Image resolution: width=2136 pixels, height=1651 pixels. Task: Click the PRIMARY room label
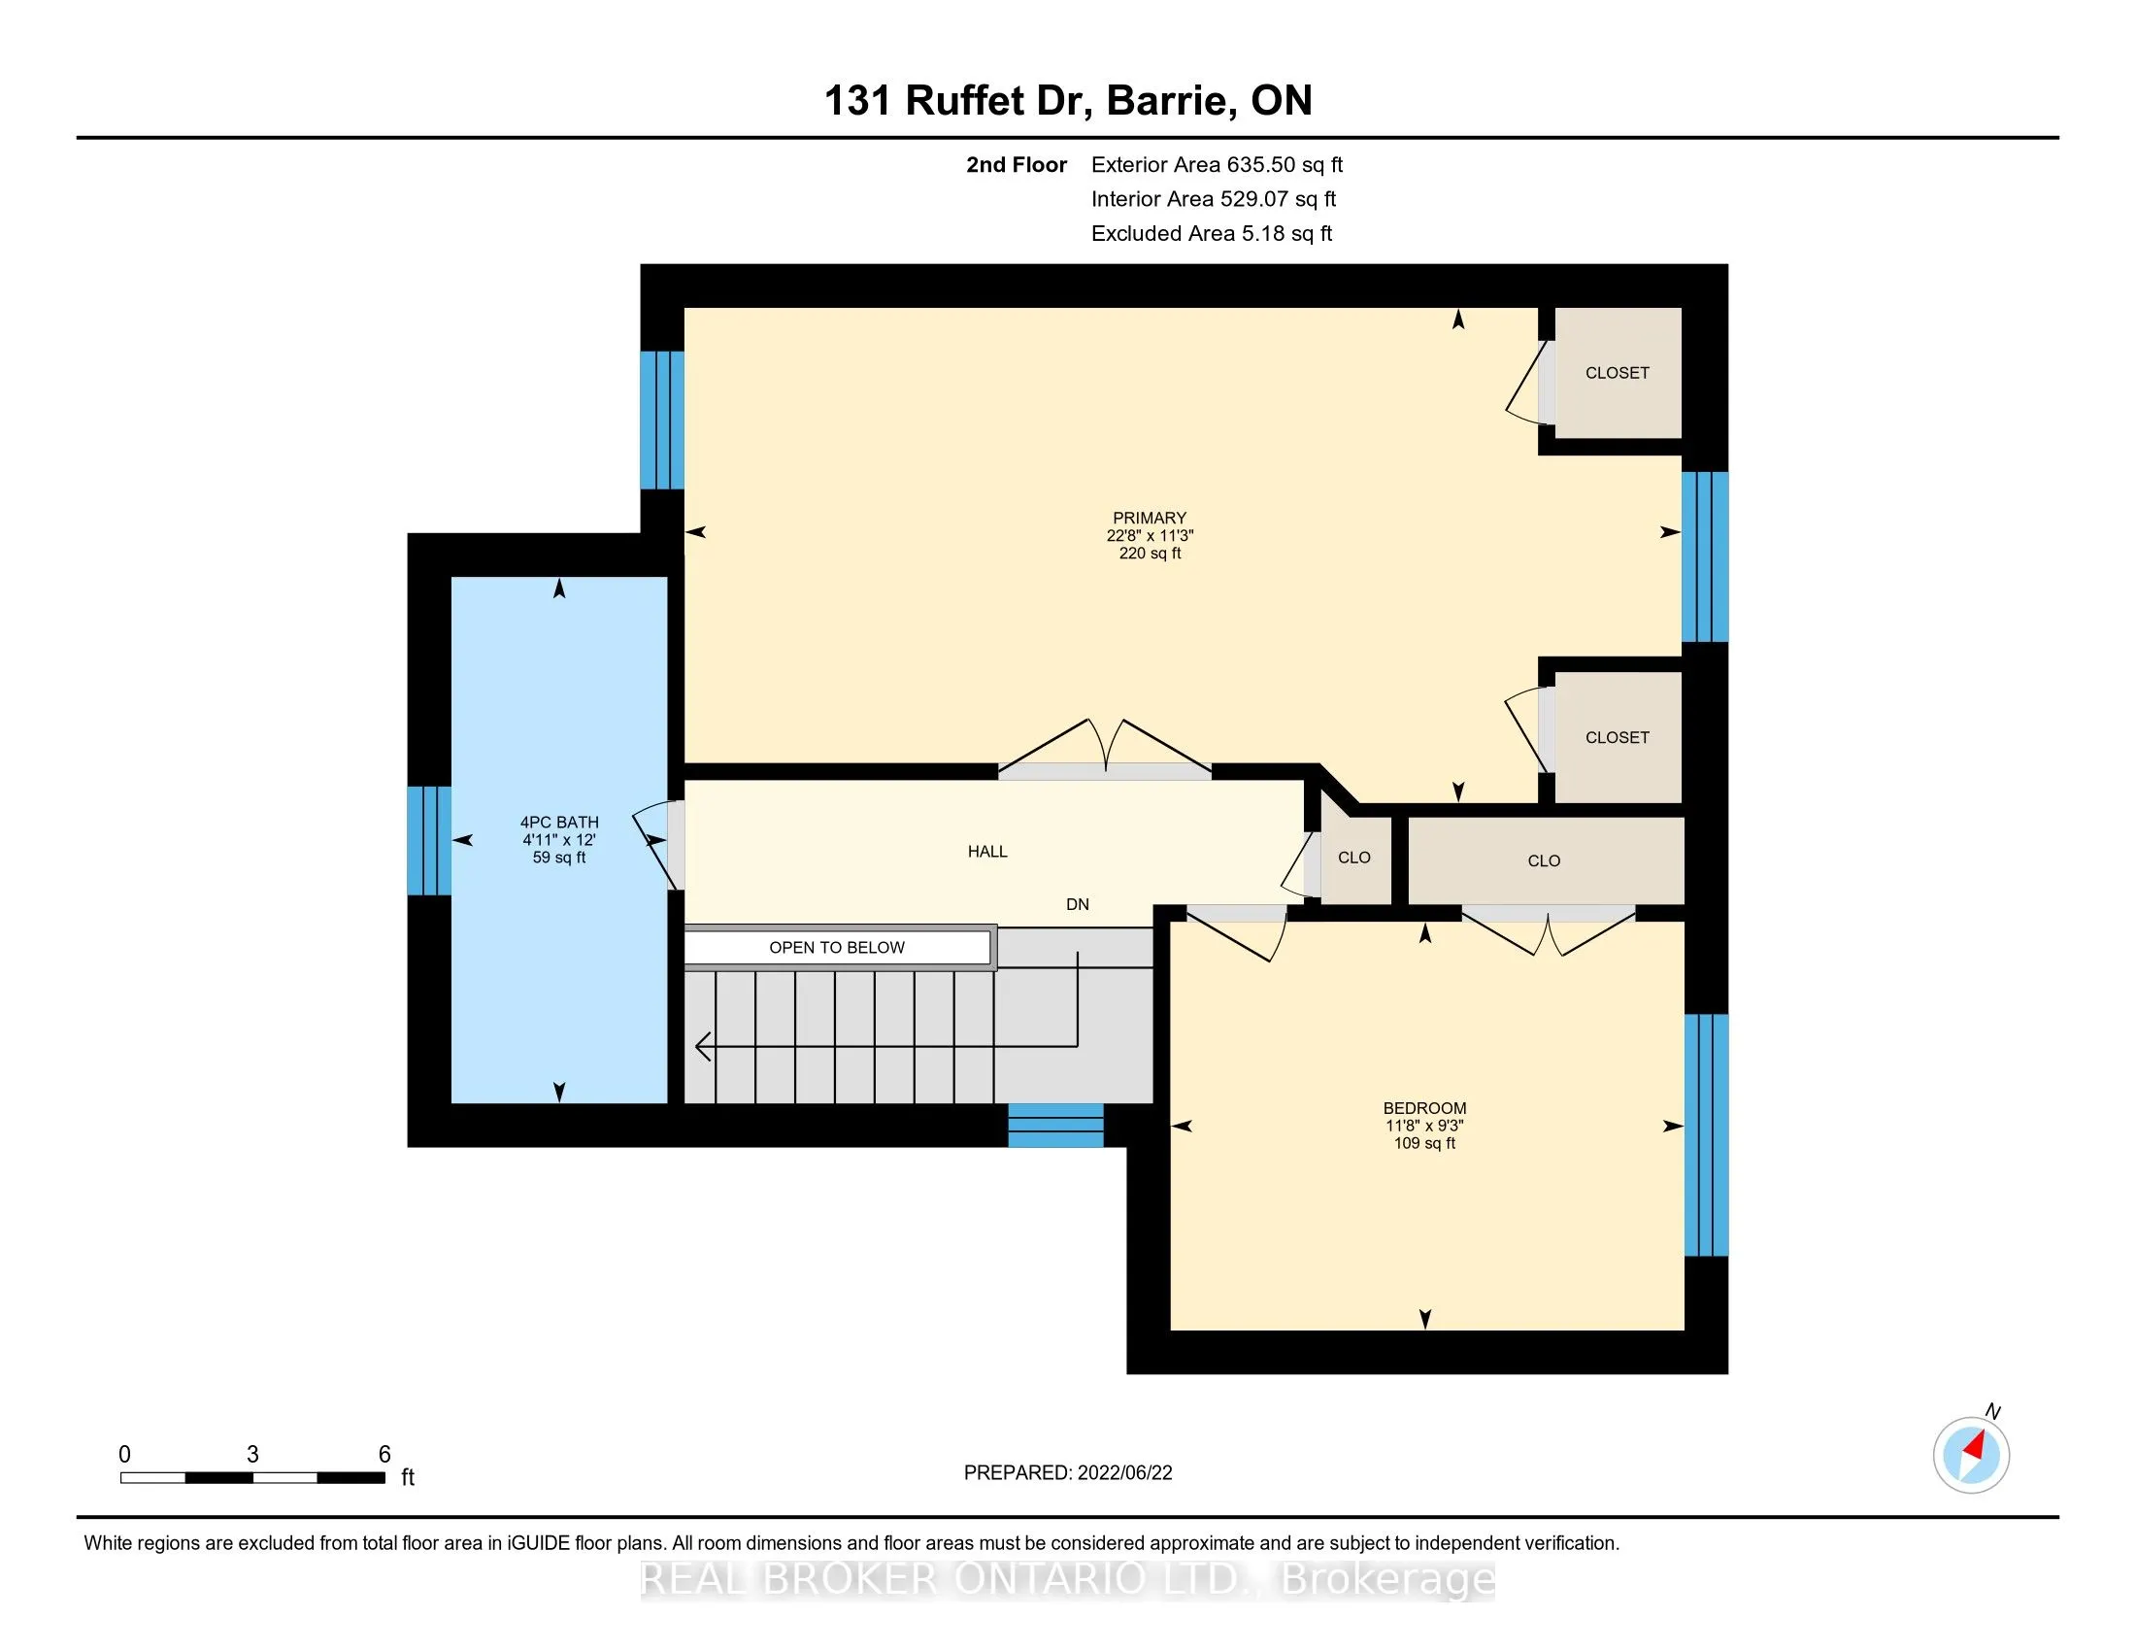1150,519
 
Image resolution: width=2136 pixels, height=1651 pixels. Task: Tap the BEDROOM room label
1424,1108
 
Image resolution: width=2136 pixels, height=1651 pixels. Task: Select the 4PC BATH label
559,823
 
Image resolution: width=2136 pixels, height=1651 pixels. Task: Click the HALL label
987,852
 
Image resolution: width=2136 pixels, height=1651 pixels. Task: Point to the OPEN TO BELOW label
837,948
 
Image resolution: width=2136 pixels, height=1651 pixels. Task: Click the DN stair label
1078,905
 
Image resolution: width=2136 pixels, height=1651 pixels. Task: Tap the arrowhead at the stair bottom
702,1047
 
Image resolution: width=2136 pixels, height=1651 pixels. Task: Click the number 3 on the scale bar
252,1455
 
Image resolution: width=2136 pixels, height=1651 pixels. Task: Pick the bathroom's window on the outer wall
429,841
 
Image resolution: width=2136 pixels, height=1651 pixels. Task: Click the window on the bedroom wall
1706,1134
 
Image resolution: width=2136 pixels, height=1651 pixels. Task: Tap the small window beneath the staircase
1056,1125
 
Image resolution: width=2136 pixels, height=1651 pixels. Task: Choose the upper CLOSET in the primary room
1618,373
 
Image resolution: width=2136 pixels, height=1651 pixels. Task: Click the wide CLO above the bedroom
1546,860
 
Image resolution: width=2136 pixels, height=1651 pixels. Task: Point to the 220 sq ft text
1151,554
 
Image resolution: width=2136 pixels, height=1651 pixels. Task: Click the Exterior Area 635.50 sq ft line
1218,165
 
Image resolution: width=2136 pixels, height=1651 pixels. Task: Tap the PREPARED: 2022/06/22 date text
1068,1473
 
